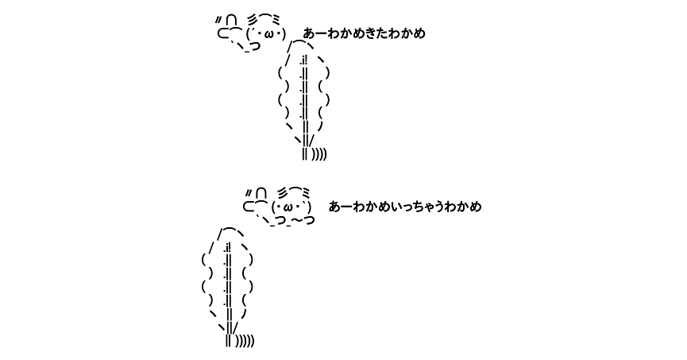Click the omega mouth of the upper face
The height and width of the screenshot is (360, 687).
[x=266, y=33]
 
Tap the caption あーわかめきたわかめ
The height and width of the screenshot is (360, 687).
[x=364, y=33]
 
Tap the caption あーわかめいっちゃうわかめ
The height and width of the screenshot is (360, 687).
[x=405, y=207]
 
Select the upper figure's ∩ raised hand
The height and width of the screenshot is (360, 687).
[x=232, y=20]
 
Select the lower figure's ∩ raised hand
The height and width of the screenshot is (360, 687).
[x=261, y=193]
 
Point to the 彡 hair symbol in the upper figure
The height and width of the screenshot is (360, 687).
[x=253, y=20]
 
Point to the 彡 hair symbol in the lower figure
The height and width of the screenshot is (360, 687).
[x=283, y=193]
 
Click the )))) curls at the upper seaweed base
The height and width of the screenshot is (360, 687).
[x=319, y=154]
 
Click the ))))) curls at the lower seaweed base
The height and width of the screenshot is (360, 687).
[x=245, y=341]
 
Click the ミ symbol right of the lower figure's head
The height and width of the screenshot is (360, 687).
[x=306, y=192]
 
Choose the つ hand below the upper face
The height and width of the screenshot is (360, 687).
[x=255, y=46]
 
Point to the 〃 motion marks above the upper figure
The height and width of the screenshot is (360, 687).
[x=218, y=20]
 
